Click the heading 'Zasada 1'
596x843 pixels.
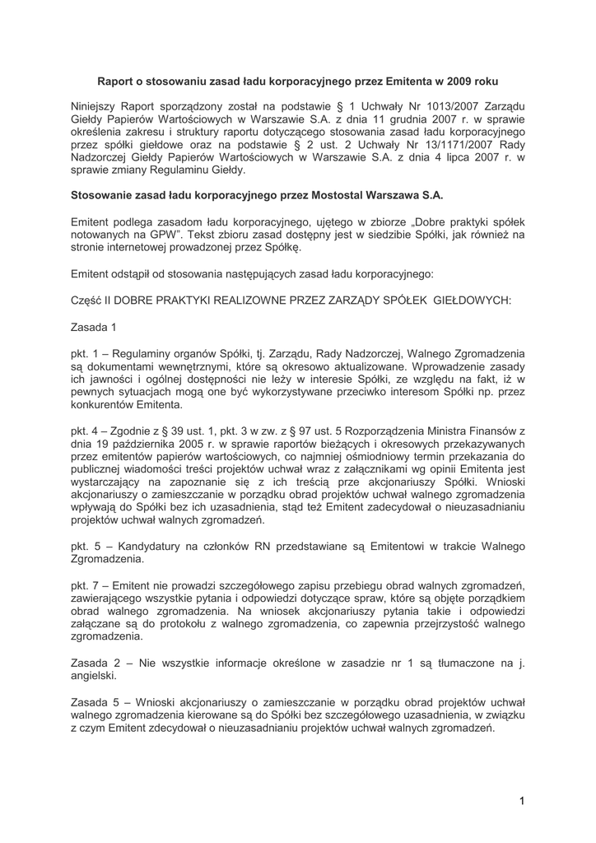(x=94, y=327)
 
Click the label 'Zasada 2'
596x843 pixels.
(x=99, y=663)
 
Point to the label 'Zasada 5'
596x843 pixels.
(x=99, y=701)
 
